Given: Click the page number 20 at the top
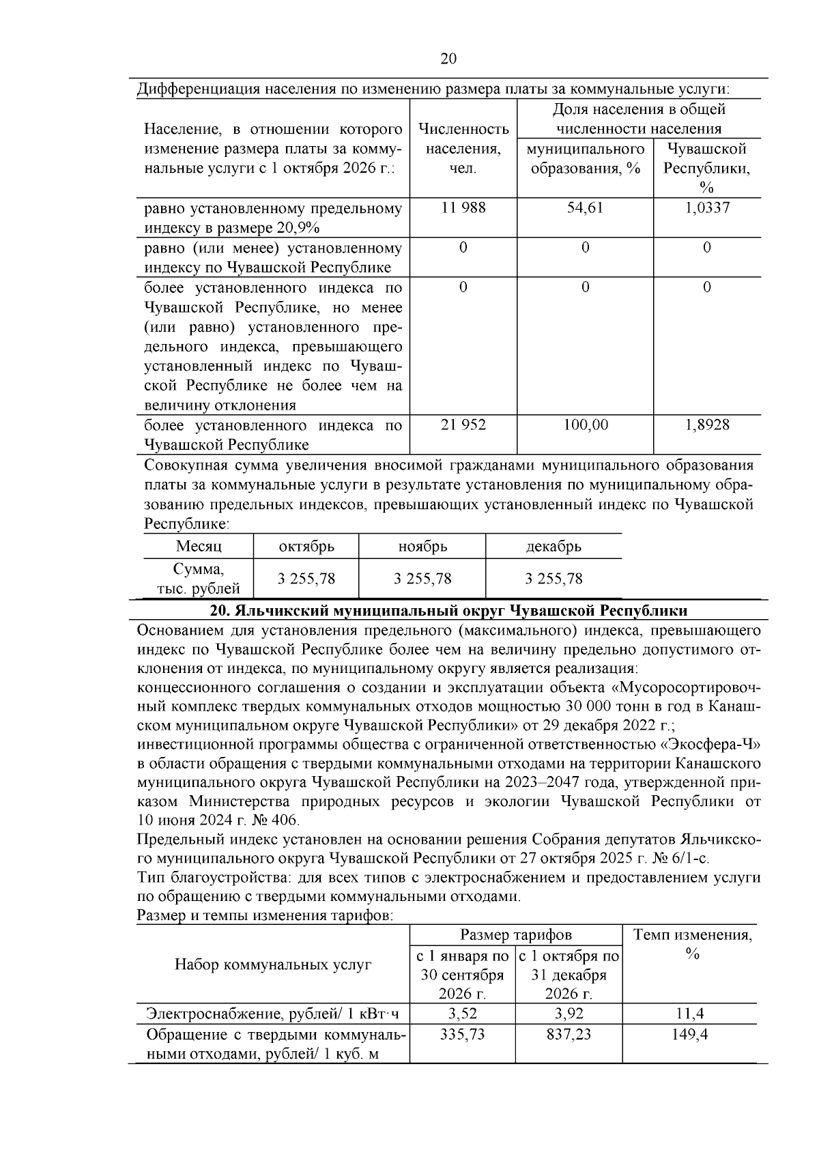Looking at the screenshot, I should pyautogui.click(x=448, y=59).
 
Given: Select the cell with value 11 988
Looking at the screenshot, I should pyautogui.click(x=463, y=208).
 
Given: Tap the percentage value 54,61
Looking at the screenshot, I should pyautogui.click(x=585, y=208).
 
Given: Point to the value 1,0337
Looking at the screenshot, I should pyautogui.click(x=706, y=208).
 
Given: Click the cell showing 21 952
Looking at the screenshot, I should pyautogui.click(x=463, y=425).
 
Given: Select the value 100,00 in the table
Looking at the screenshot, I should pyautogui.click(x=585, y=425).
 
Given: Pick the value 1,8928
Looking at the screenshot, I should pyautogui.click(x=706, y=425).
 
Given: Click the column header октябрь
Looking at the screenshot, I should pyautogui.click(x=306, y=547).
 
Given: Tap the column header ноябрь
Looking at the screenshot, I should pyautogui.click(x=422, y=547).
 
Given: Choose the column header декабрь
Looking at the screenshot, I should pyautogui.click(x=554, y=547).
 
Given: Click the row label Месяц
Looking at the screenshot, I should pyautogui.click(x=199, y=547).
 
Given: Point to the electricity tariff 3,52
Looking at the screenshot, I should pyautogui.click(x=462, y=1014).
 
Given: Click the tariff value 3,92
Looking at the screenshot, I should pyautogui.click(x=569, y=1014).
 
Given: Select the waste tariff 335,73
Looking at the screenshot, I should pyautogui.click(x=462, y=1034).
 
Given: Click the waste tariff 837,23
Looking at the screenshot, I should pyautogui.click(x=569, y=1034).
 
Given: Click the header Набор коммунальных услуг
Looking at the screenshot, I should pyautogui.click(x=273, y=964).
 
